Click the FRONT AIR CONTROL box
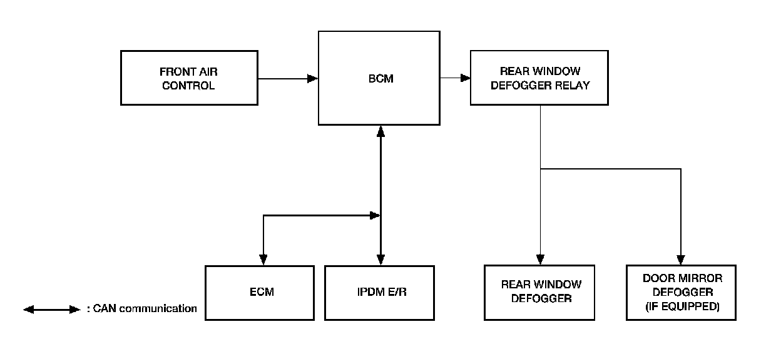[188, 78]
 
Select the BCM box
[380, 78]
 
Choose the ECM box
[260, 293]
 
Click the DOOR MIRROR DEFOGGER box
[682, 293]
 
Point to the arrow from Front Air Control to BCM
[288, 79]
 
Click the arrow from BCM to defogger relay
[456, 78]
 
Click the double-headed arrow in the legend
[52, 309]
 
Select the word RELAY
[574, 86]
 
